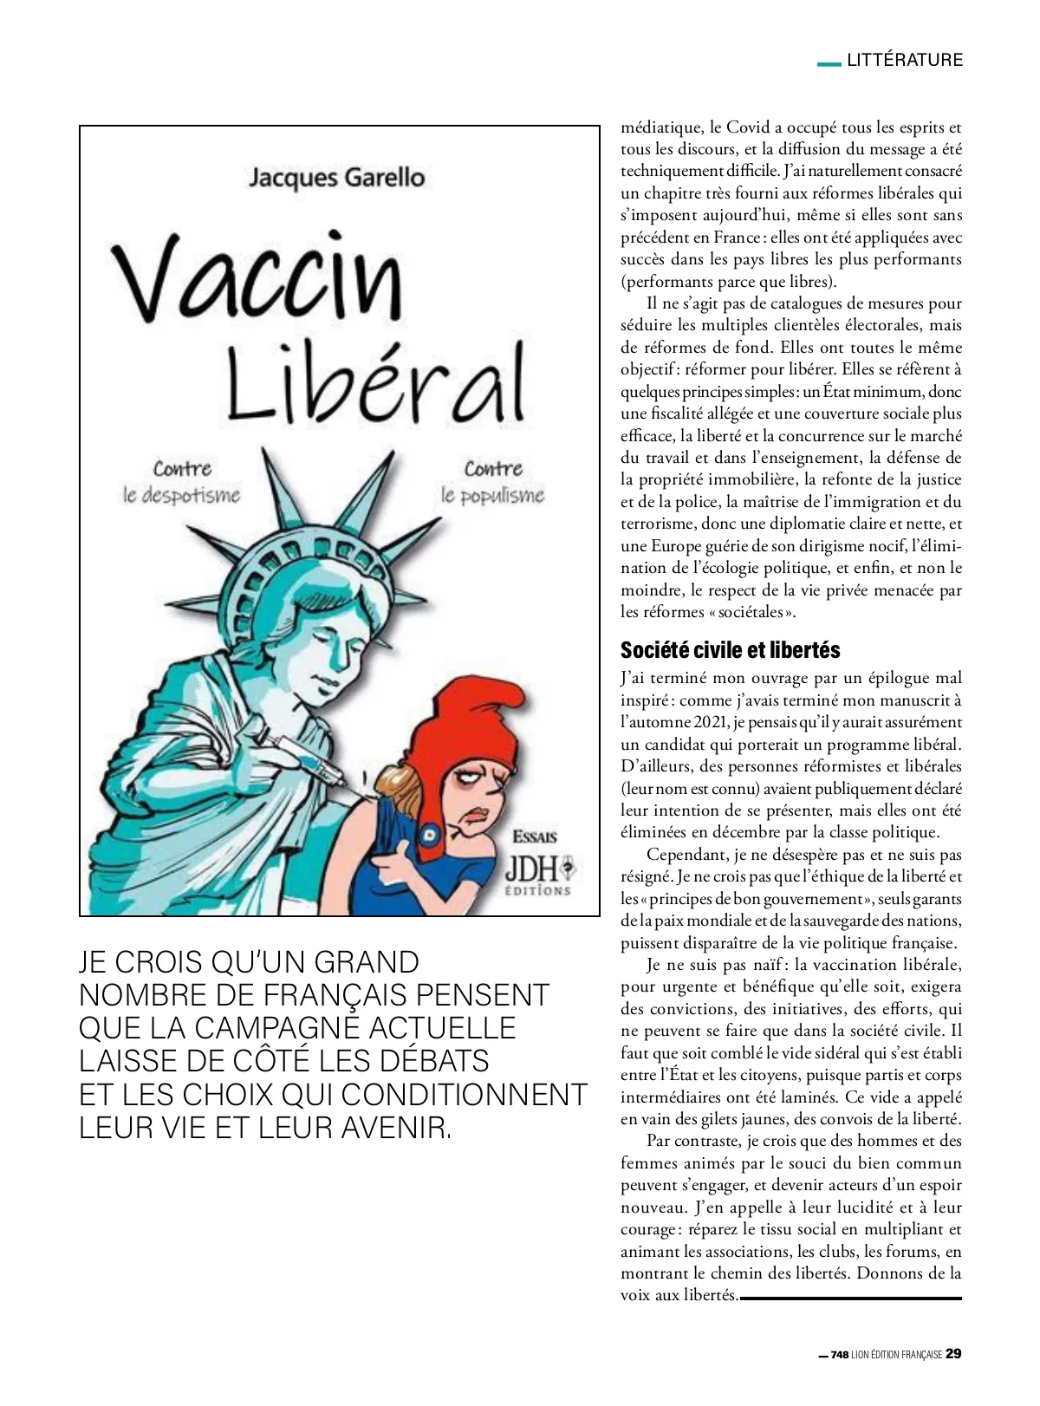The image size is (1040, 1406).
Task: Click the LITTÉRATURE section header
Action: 905,60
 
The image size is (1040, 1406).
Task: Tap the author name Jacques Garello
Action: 336,178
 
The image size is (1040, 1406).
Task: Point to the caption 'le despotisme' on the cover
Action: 180,497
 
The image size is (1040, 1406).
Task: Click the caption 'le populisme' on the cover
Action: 492,497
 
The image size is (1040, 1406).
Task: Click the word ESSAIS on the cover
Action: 534,837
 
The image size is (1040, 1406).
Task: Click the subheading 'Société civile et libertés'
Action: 730,650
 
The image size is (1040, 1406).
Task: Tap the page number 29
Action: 953,1354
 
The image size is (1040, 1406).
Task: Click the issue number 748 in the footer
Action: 840,1355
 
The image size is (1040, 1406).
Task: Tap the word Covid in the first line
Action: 748,127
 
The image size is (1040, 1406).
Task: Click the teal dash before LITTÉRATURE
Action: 829,62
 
